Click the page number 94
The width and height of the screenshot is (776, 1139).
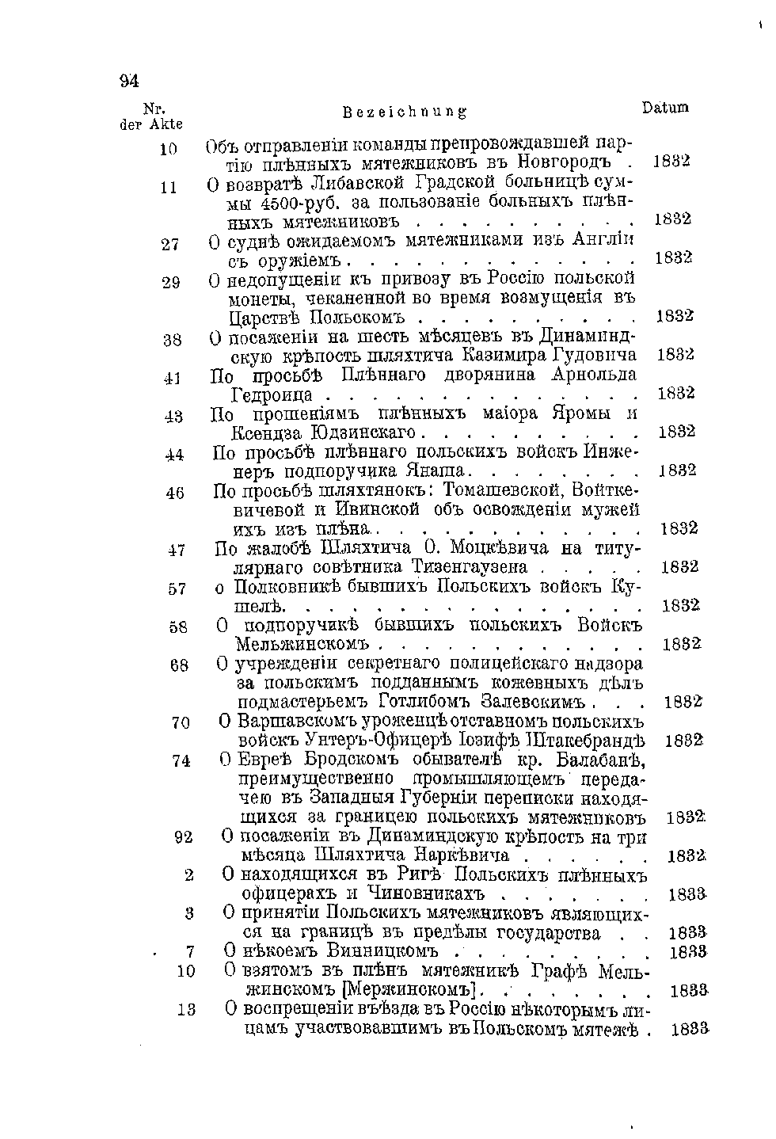coord(129,81)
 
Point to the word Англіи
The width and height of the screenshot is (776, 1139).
coord(610,240)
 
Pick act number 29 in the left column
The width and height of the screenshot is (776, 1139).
coord(171,283)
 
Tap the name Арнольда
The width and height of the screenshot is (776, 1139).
coord(593,375)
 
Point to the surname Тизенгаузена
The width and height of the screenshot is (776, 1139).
coord(470,567)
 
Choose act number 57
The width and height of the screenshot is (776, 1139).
coord(177,589)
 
